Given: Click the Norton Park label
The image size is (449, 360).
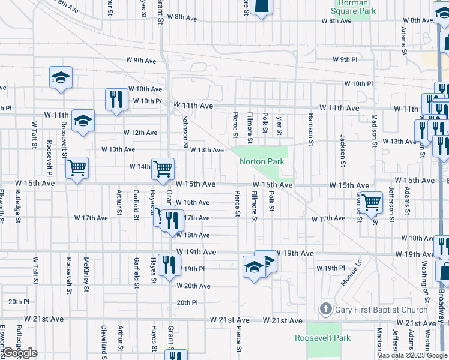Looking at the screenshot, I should [262, 161].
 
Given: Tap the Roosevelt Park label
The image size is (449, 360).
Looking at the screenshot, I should [322, 338].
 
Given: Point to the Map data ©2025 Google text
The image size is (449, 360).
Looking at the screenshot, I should [412, 356].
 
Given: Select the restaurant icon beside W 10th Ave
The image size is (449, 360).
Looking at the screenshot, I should [116, 99].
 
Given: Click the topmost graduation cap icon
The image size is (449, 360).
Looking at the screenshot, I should [61, 77].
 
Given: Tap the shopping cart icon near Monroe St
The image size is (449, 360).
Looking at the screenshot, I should [372, 202].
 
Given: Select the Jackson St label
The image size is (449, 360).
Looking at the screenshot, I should [343, 150].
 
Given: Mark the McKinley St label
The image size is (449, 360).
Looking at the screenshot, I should [86, 275].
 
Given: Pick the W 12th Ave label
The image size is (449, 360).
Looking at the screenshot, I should [140, 133].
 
